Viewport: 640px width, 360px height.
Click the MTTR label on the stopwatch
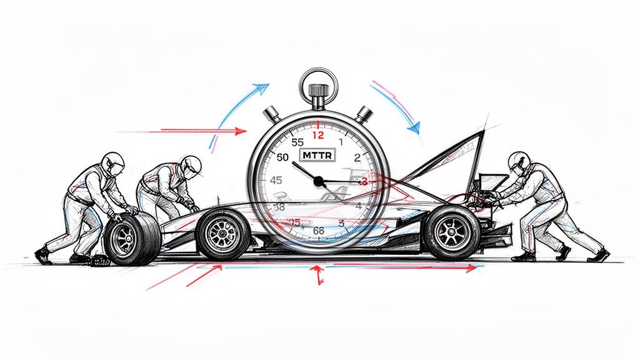pos(317,154)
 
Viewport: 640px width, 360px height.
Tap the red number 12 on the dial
pos(318,134)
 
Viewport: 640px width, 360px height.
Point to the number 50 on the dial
pos(282,157)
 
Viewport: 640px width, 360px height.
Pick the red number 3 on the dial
pos(364,181)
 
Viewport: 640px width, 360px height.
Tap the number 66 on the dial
pos(318,230)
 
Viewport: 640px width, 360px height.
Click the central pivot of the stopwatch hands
pos(318,181)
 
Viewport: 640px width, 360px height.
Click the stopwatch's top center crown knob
pos(318,102)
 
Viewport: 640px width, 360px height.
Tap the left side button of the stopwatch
pos(271,114)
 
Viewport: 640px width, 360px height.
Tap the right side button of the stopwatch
pos(364,114)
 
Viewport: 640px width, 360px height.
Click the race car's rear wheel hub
pos(451,233)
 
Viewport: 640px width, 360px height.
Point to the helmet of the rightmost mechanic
pos(519,162)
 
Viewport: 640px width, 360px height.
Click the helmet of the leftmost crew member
pos(113,161)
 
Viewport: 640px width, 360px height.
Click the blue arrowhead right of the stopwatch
pos(413,128)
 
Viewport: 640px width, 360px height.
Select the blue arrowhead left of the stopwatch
pos(262,88)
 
